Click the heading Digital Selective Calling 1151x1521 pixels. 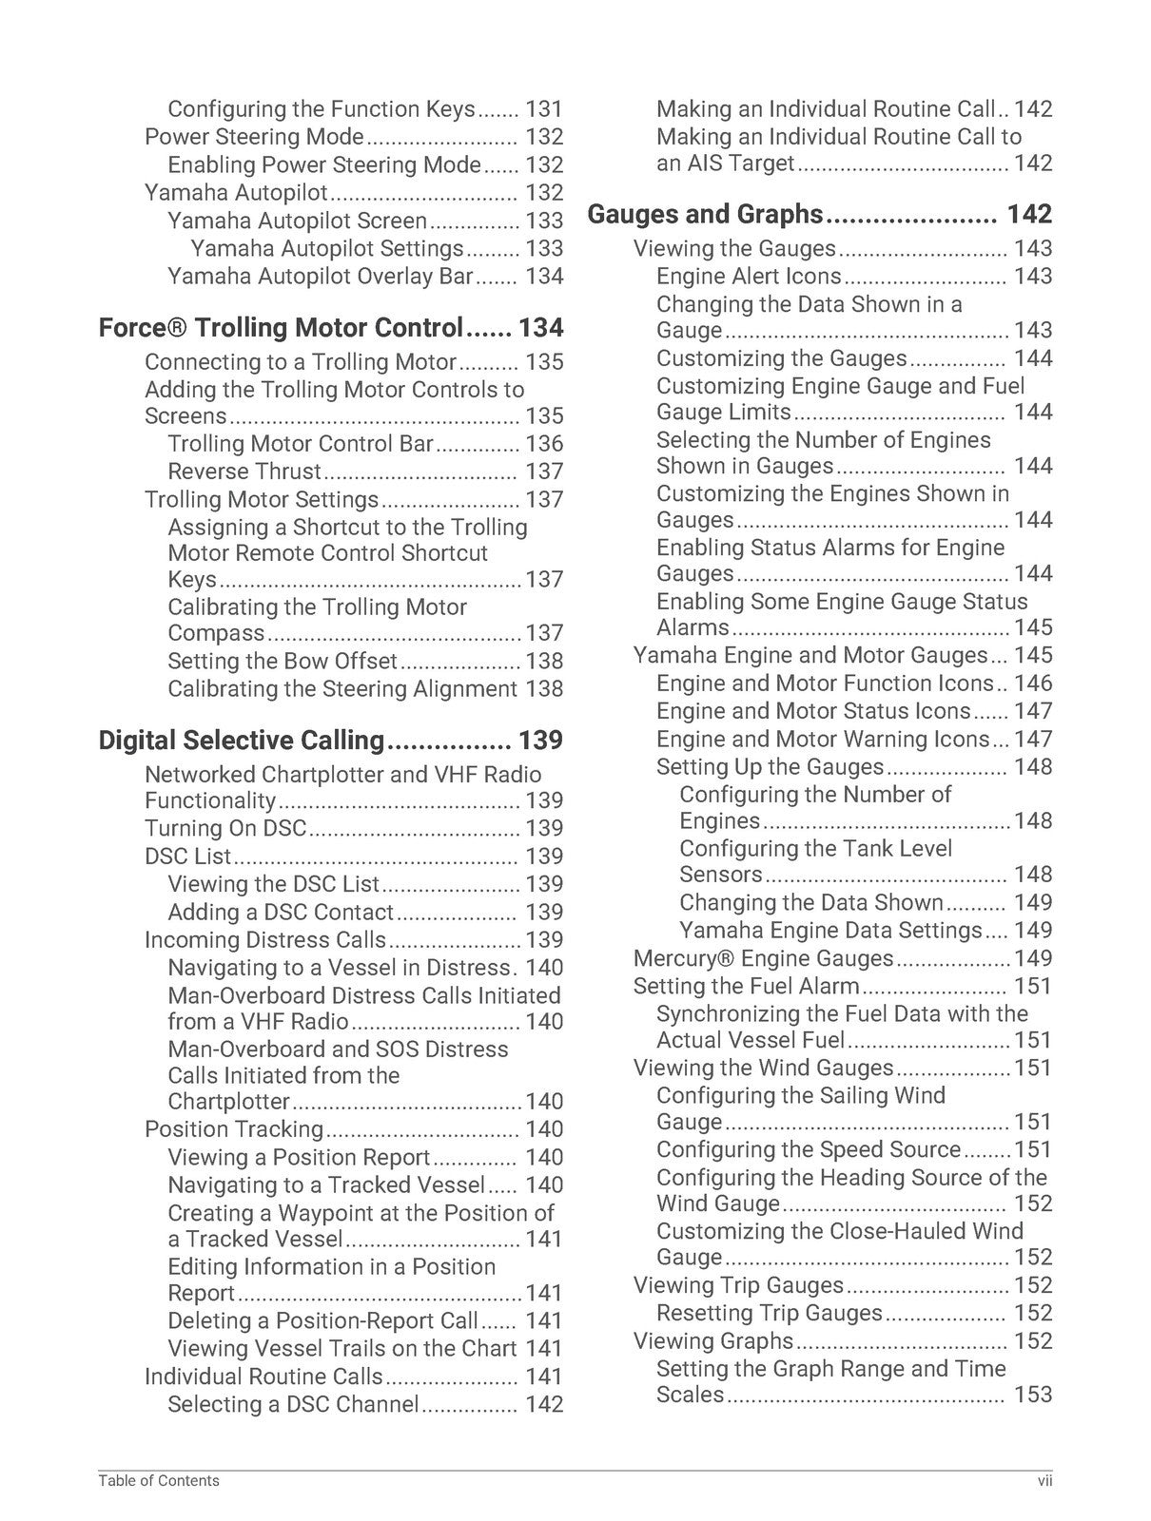pyautogui.click(x=241, y=741)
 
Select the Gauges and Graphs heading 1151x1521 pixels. pyautogui.click(x=705, y=215)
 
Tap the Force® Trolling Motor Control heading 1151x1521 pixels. pyautogui.click(x=281, y=328)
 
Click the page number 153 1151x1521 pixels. pyautogui.click(x=1033, y=1395)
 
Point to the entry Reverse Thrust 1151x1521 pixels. pyautogui.click(x=244, y=472)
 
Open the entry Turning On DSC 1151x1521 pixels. pyautogui.click(x=225, y=828)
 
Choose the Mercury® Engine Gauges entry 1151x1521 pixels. pyautogui.click(x=763, y=958)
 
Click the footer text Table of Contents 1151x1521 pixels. pyautogui.click(x=158, y=1480)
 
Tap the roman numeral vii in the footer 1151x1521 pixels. pyautogui.click(x=1044, y=1480)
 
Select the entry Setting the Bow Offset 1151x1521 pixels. pyautogui.click(x=283, y=661)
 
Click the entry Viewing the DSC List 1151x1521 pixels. pyautogui.click(x=273, y=884)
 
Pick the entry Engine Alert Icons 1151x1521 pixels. pyautogui.click(x=749, y=277)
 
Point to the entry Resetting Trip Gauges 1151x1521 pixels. pyautogui.click(x=769, y=1313)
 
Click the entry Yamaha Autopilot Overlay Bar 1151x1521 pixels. pyautogui.click(x=320, y=277)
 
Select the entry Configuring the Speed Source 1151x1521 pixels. pyautogui.click(x=809, y=1149)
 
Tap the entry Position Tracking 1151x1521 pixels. pyautogui.click(x=234, y=1129)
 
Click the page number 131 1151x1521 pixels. pyautogui.click(x=544, y=109)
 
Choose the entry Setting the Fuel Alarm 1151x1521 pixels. pyautogui.click(x=746, y=986)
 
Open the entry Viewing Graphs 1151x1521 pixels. pyautogui.click(x=712, y=1340)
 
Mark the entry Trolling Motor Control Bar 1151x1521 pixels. pyautogui.click(x=301, y=444)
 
